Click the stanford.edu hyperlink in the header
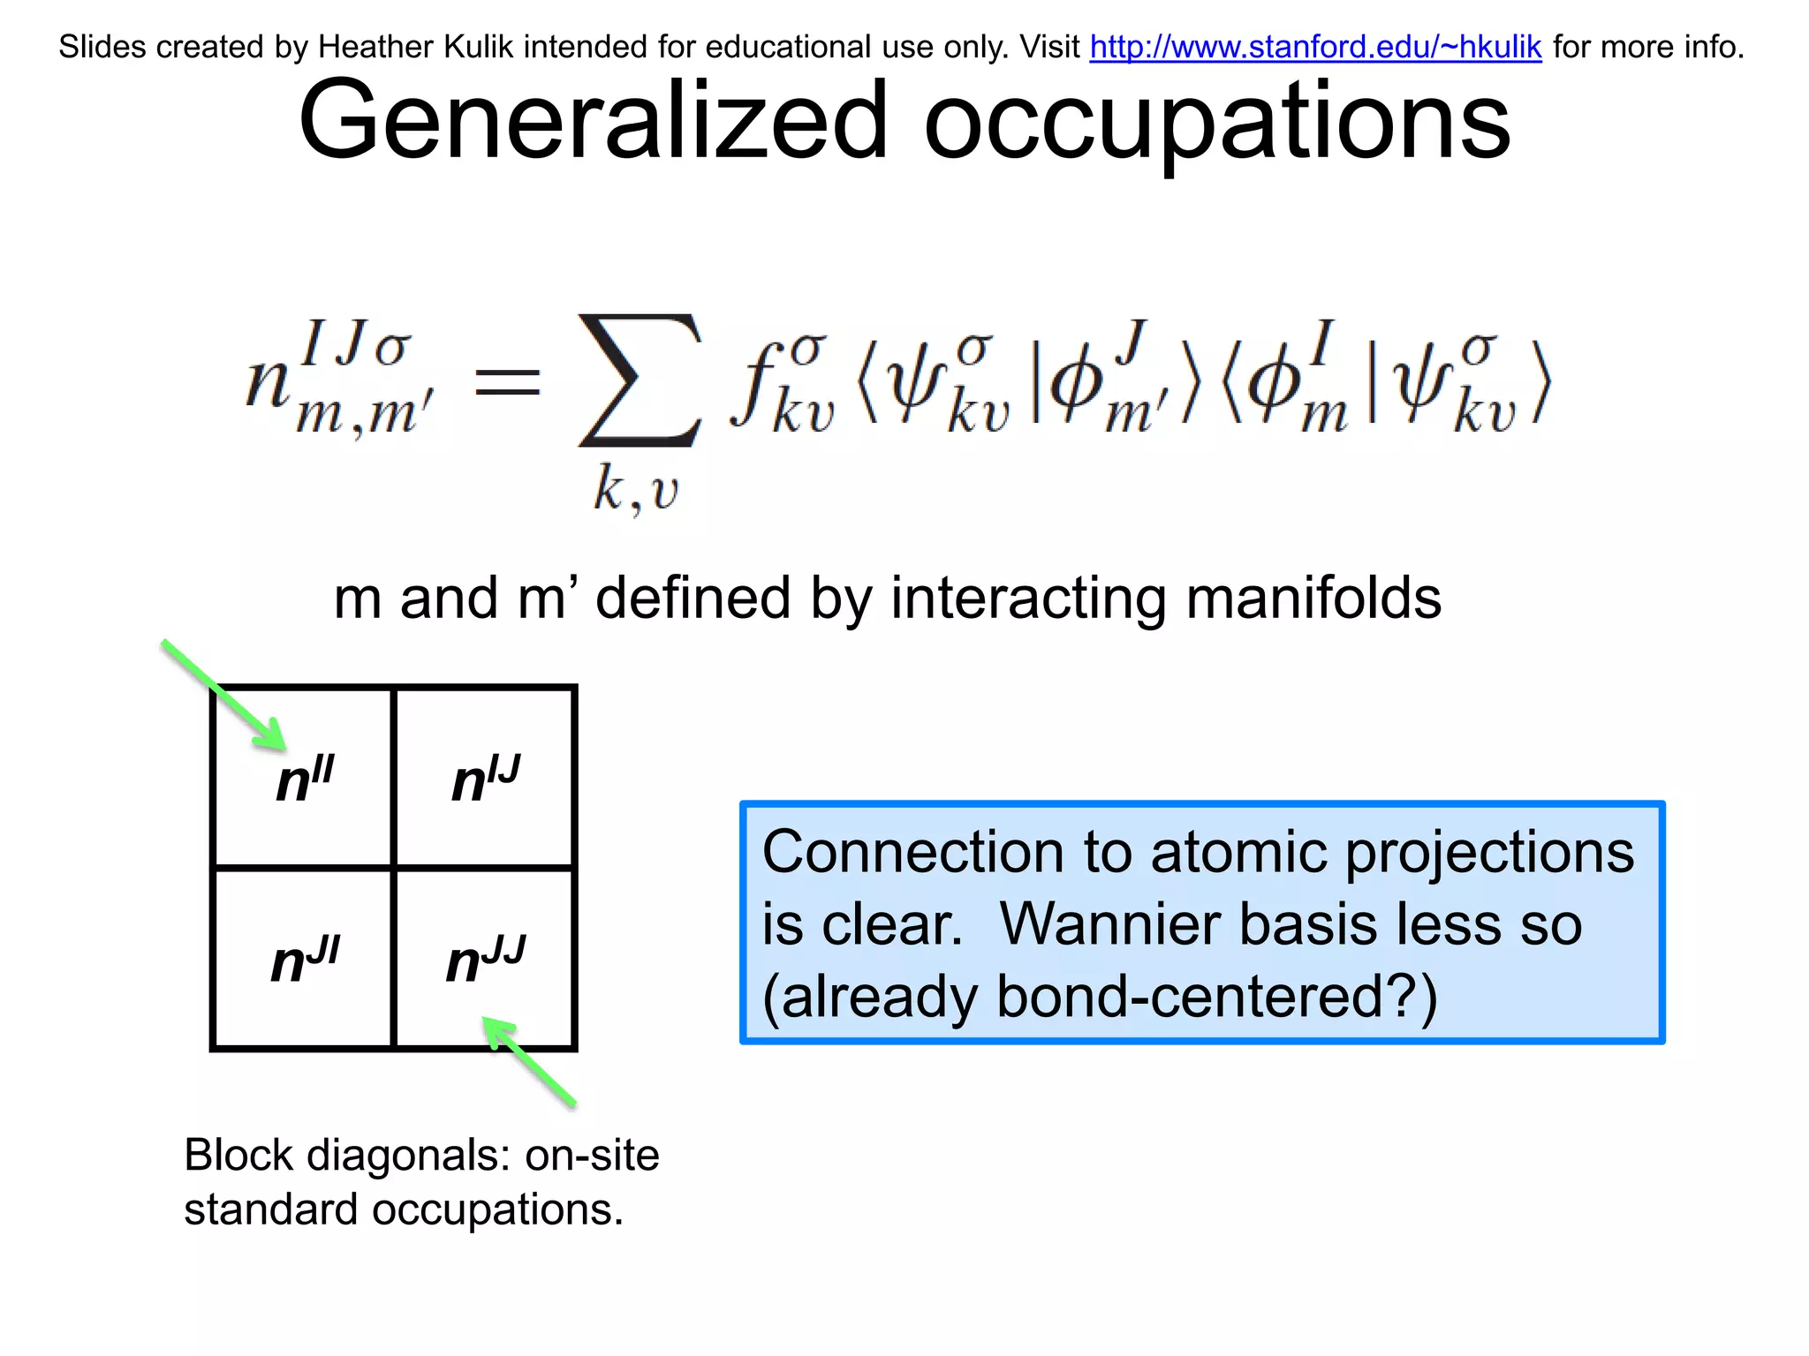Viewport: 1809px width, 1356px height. [x=1315, y=47]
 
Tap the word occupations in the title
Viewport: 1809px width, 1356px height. [x=1217, y=121]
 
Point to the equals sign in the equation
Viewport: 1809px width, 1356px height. [x=507, y=383]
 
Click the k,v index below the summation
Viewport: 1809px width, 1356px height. [x=635, y=489]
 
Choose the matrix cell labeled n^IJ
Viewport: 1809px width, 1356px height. [x=485, y=778]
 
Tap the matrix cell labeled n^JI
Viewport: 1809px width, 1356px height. [x=304, y=959]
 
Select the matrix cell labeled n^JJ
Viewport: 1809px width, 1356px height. [x=485, y=959]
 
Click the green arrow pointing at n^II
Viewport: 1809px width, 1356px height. [x=224, y=695]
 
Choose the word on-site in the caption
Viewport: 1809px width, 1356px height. [x=592, y=1155]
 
